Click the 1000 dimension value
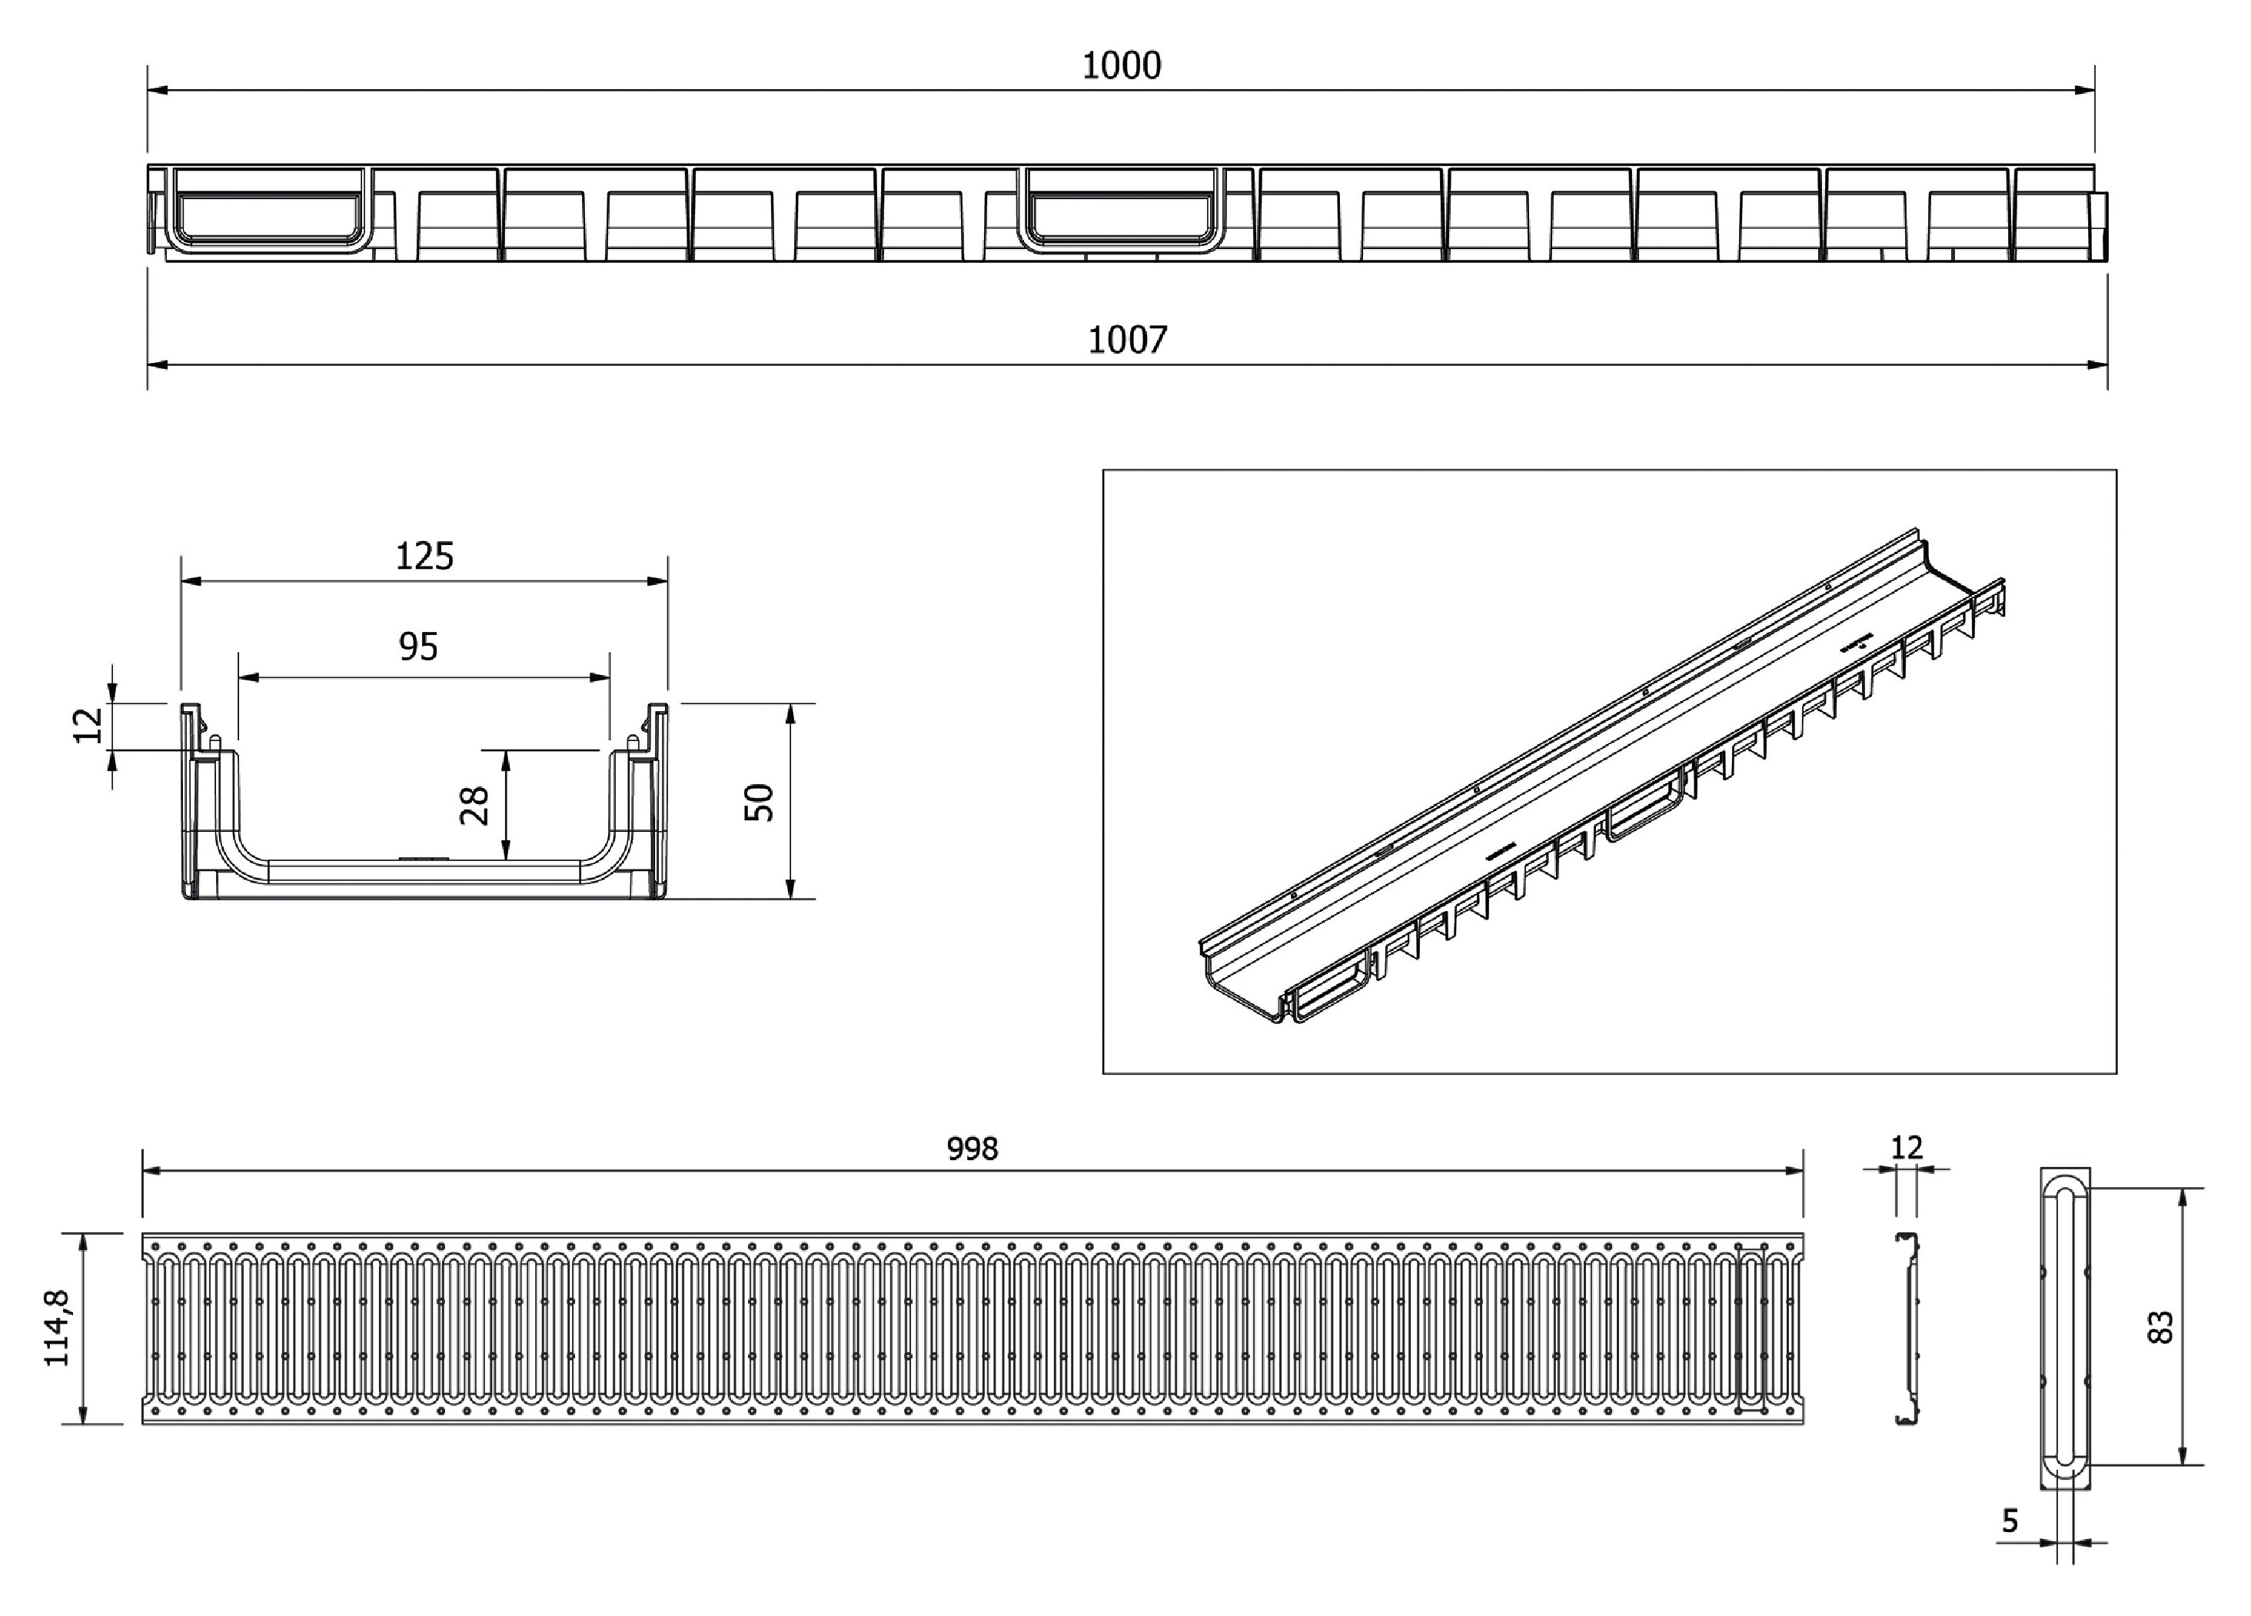pos(1121,65)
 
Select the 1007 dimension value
pos(1128,341)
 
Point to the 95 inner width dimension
pos(418,647)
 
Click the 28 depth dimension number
pos(475,805)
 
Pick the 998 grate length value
pos(972,1149)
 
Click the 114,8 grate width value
pos(58,1328)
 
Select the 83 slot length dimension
pos(2160,1327)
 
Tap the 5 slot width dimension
pos(2010,1521)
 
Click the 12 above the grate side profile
pos(1907,1148)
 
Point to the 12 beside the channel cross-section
pos(89,725)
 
